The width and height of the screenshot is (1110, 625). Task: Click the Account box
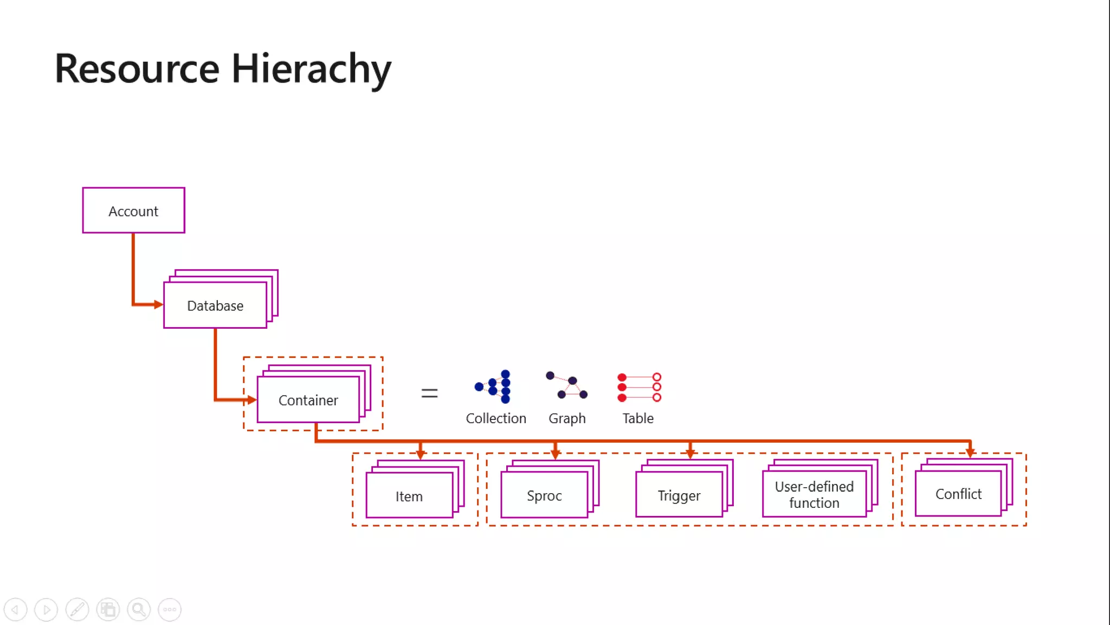pyautogui.click(x=133, y=211)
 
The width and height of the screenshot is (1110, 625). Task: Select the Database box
pyautogui.click(x=215, y=305)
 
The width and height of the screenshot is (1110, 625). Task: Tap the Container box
pyautogui.click(x=308, y=400)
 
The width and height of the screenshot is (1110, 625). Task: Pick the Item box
pyautogui.click(x=409, y=496)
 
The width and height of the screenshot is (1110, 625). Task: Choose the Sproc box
pyautogui.click(x=544, y=495)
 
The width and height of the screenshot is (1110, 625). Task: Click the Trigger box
pyautogui.click(x=679, y=495)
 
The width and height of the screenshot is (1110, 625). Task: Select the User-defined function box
pyautogui.click(x=814, y=494)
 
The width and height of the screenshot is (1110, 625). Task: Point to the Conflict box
pyautogui.click(x=958, y=494)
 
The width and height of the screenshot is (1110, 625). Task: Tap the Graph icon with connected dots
pyautogui.click(x=567, y=385)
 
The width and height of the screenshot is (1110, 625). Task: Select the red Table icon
pyautogui.click(x=639, y=387)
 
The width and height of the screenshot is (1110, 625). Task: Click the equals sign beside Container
pyautogui.click(x=429, y=393)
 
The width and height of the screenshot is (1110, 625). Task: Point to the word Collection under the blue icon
pyautogui.click(x=496, y=418)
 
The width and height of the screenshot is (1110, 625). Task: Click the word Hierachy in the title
pyautogui.click(x=311, y=69)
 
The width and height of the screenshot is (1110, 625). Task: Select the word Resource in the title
pyautogui.click(x=137, y=69)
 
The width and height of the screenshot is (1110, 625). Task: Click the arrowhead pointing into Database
pyautogui.click(x=158, y=304)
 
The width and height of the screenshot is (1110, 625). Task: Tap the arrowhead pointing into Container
pyautogui.click(x=251, y=400)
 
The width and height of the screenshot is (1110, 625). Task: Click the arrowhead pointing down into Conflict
pyautogui.click(x=970, y=451)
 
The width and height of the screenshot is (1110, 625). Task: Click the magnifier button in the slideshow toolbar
pyautogui.click(x=139, y=609)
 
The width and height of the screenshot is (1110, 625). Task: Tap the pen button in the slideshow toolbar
pyautogui.click(x=77, y=609)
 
